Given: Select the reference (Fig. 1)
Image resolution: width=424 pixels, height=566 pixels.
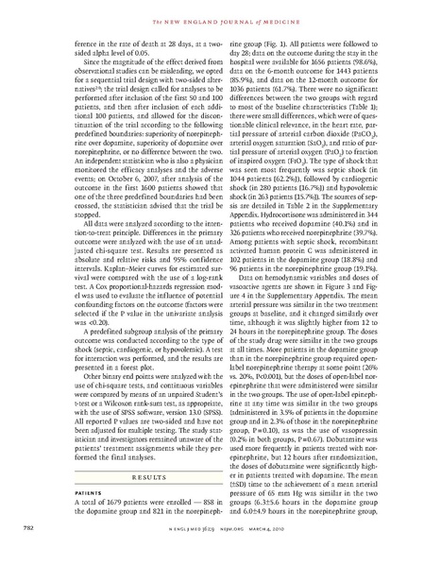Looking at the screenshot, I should [x=262, y=43].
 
